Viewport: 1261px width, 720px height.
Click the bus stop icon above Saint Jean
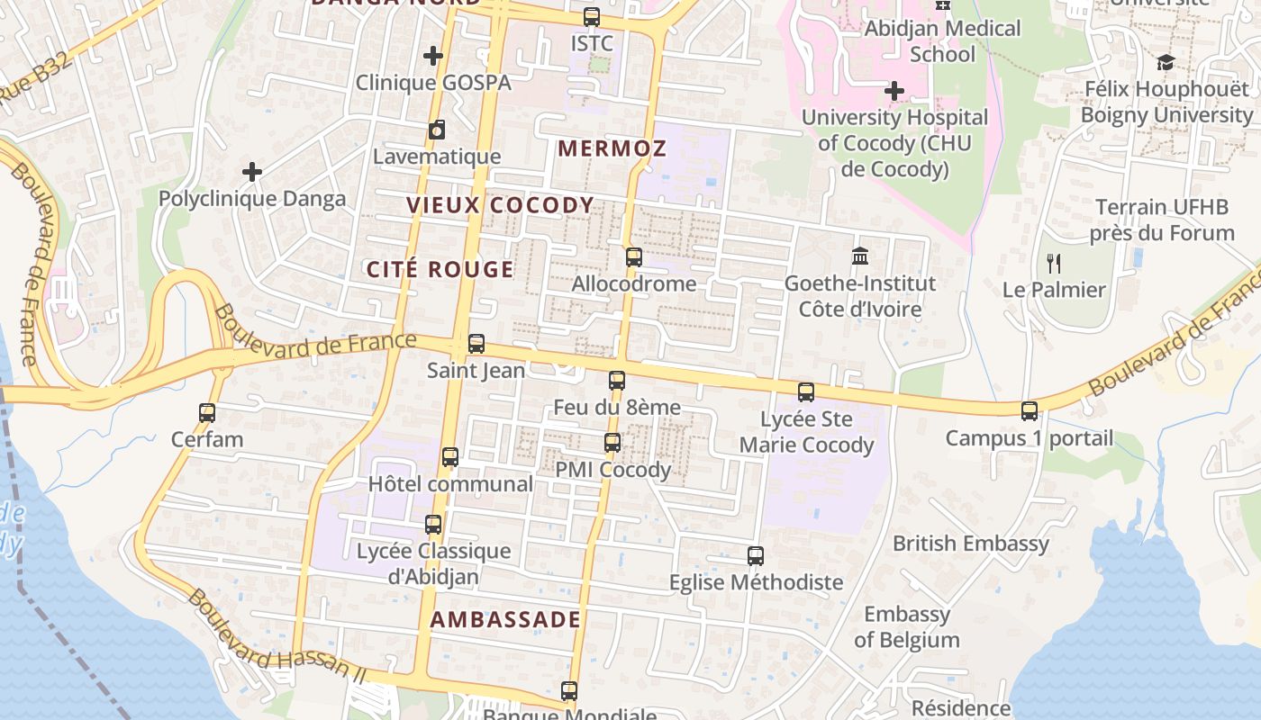(476, 344)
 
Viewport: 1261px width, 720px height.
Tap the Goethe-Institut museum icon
(860, 256)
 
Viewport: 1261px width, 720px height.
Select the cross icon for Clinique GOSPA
(433, 56)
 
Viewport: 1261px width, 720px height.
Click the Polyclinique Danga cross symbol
(252, 171)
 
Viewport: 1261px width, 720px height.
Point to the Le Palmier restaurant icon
(1054, 263)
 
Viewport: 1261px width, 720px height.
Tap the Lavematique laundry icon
(437, 130)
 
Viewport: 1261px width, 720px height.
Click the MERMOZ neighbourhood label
(612, 148)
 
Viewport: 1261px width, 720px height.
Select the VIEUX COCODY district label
(500, 205)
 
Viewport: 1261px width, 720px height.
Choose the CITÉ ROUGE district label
(440, 269)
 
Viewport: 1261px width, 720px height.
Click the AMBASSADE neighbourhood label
(505, 619)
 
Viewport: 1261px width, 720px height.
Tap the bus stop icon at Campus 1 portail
(1030, 411)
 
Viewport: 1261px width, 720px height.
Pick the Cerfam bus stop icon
(207, 413)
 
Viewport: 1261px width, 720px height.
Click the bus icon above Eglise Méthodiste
(756, 556)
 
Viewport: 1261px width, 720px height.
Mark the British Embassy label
(970, 544)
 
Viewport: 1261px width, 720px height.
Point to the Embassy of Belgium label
(906, 627)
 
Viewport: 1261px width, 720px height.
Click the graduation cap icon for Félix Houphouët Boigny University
(1166, 62)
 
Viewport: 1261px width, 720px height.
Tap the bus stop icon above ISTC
(592, 16)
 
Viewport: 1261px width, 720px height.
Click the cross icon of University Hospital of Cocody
(894, 91)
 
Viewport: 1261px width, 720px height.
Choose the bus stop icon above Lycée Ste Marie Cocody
(806, 392)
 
